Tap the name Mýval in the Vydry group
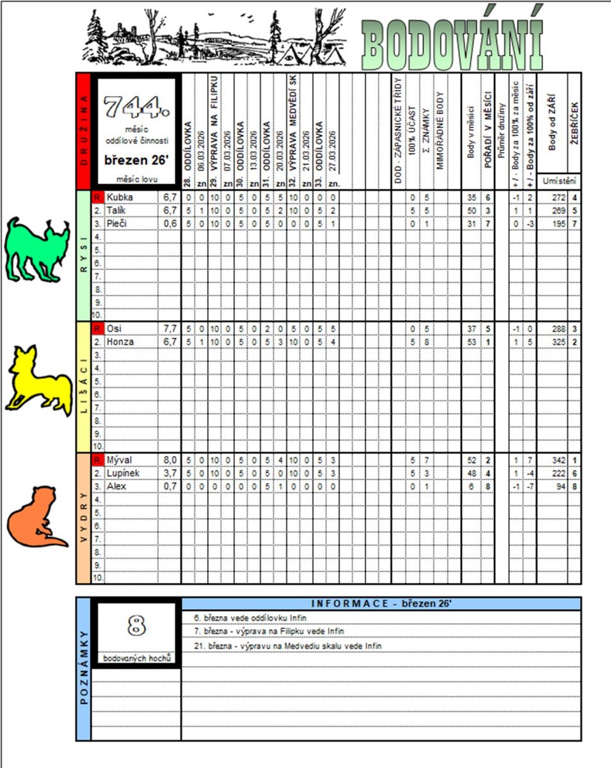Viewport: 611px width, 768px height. pyautogui.click(x=119, y=460)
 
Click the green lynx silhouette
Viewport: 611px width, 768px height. pyautogui.click(x=36, y=249)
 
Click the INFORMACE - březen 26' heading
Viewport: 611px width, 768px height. pyautogui.click(x=381, y=604)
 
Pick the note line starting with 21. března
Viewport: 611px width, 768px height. pyautogui.click(x=287, y=646)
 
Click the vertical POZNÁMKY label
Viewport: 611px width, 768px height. pyautogui.click(x=84, y=669)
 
